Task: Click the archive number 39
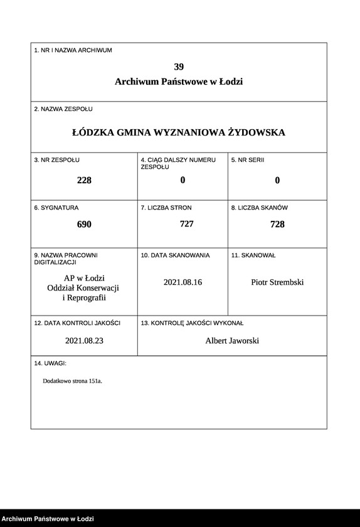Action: point(179,67)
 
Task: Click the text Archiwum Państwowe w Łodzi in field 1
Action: point(179,82)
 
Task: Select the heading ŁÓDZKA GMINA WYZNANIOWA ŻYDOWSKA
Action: point(179,132)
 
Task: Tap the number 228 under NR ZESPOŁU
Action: point(84,180)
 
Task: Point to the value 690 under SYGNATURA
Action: point(84,224)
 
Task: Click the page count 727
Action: point(186,223)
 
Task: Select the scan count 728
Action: point(277,224)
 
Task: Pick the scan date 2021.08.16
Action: point(183,282)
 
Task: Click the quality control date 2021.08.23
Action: point(84,341)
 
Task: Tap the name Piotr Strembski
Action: point(277,282)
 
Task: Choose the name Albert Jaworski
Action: point(232,341)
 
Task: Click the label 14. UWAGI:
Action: point(50,363)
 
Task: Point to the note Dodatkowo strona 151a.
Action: point(72,381)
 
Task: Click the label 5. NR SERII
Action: point(248,160)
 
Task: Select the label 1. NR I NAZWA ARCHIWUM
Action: point(73,50)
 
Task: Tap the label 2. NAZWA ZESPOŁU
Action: point(63,109)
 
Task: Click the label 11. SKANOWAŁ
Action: point(253,255)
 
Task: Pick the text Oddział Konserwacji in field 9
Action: point(83,287)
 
